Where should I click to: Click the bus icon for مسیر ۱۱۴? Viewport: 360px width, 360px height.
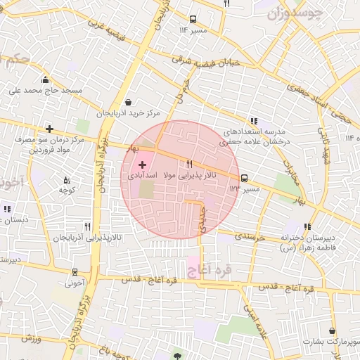coord(193,20)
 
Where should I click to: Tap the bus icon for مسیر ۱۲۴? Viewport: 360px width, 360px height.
coord(244,179)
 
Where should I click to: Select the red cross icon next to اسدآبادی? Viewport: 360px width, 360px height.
coord(143,163)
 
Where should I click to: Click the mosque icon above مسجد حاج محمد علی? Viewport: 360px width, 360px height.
coord(45,79)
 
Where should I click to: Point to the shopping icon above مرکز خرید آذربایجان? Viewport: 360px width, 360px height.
coord(127,102)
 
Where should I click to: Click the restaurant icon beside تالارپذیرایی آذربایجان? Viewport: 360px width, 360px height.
coord(87,226)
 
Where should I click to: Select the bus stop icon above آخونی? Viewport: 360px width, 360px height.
coord(75,272)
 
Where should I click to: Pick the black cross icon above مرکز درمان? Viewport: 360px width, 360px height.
coord(49,129)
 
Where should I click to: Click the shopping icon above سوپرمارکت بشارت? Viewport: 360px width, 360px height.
coord(331,330)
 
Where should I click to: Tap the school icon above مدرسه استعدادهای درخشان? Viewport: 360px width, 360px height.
coord(253,120)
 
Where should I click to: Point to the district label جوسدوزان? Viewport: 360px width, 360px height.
coord(295,11)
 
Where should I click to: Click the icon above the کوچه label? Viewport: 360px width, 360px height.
coord(67,180)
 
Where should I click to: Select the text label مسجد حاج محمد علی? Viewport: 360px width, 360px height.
coord(46,91)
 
